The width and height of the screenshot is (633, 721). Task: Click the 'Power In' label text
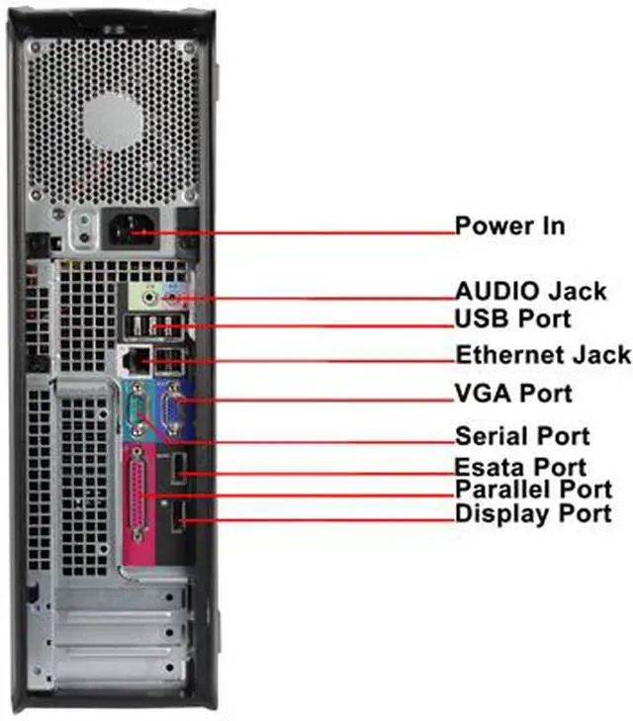pos(509,225)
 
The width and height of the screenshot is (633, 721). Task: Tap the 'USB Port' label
pos(512,319)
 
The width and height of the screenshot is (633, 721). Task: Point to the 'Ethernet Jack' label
pos(542,354)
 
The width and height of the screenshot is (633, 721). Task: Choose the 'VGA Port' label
pos(512,394)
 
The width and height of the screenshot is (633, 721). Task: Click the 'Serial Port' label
pos(521,436)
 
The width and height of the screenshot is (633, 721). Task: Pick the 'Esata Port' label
pos(519,467)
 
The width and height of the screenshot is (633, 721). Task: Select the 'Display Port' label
pos(532,514)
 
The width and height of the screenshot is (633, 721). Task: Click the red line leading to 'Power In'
pos(297,233)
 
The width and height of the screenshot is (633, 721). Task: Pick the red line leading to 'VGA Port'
pos(316,398)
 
